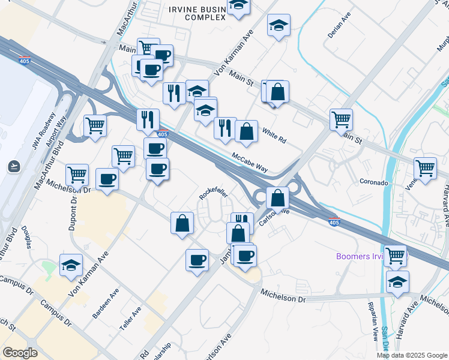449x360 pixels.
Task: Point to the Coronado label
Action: [x=374, y=182]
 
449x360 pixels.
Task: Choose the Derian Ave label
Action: [x=339, y=28]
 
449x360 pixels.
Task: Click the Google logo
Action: [x=20, y=353]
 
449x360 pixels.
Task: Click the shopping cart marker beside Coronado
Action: [x=425, y=168]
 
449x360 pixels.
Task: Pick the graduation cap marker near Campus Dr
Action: [x=71, y=265]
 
